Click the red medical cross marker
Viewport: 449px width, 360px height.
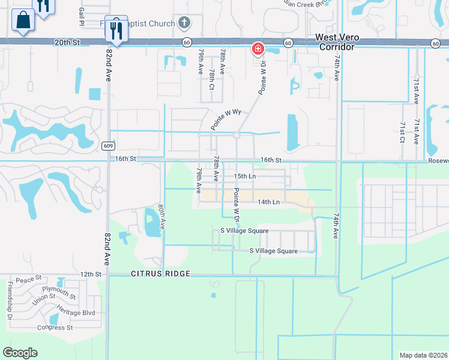coord(258,48)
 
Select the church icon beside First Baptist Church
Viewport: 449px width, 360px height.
coord(184,23)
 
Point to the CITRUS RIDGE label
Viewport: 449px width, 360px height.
coord(160,274)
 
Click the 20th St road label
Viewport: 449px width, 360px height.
coord(67,43)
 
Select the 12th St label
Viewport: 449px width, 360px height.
coord(91,274)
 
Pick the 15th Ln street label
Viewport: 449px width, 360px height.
coord(244,176)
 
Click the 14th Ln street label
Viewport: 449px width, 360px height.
coord(269,202)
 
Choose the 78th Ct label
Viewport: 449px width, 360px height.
coord(212,80)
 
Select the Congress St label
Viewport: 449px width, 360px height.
coord(55,328)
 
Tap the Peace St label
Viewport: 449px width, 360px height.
coord(28,280)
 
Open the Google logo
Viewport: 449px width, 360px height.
coord(20,353)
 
